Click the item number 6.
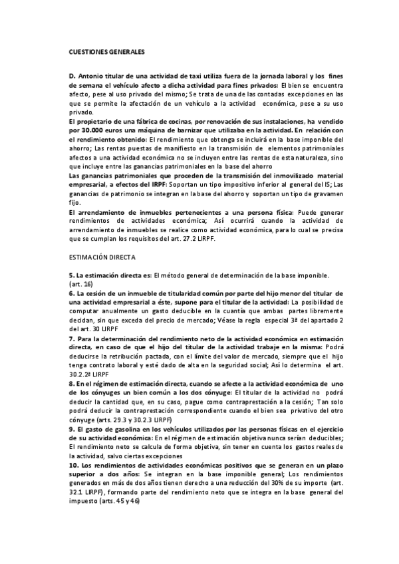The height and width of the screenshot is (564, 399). click(x=71, y=293)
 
